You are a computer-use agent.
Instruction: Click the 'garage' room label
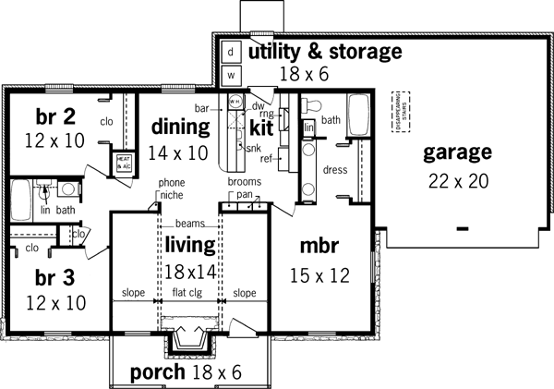457,152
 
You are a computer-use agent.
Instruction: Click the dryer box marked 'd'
232,52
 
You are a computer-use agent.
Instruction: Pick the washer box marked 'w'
232,74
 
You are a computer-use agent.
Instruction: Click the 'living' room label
190,245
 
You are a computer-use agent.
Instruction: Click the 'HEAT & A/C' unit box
125,164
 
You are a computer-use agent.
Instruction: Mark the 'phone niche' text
172,189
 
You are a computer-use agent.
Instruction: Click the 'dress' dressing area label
334,169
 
